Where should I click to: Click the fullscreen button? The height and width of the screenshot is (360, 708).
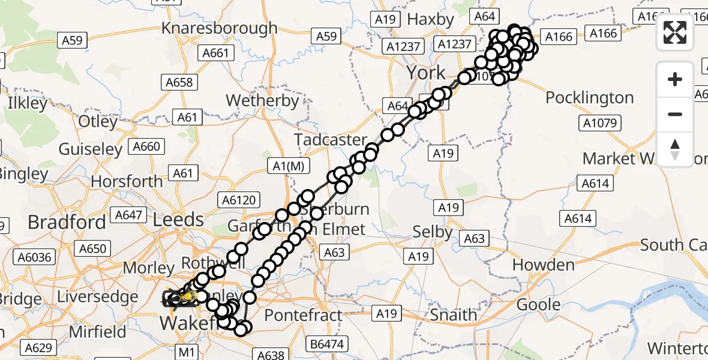click(675, 32)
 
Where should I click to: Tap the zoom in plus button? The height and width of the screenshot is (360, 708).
click(675, 80)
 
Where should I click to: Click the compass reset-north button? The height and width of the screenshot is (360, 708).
click(675, 149)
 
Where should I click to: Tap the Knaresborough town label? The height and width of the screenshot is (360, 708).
click(220, 28)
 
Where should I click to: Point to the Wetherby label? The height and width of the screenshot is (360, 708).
click(262, 100)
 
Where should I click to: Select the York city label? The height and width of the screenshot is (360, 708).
click(426, 73)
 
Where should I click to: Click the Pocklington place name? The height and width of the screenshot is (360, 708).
click(589, 97)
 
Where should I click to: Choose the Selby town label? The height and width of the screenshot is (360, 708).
click(433, 231)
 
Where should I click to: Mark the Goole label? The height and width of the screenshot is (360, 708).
click(539, 304)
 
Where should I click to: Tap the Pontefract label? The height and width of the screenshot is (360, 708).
click(303, 315)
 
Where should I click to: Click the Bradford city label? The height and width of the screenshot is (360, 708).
click(66, 222)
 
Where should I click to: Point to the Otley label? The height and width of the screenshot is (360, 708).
click(98, 121)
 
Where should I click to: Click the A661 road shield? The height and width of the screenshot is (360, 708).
click(215, 53)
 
